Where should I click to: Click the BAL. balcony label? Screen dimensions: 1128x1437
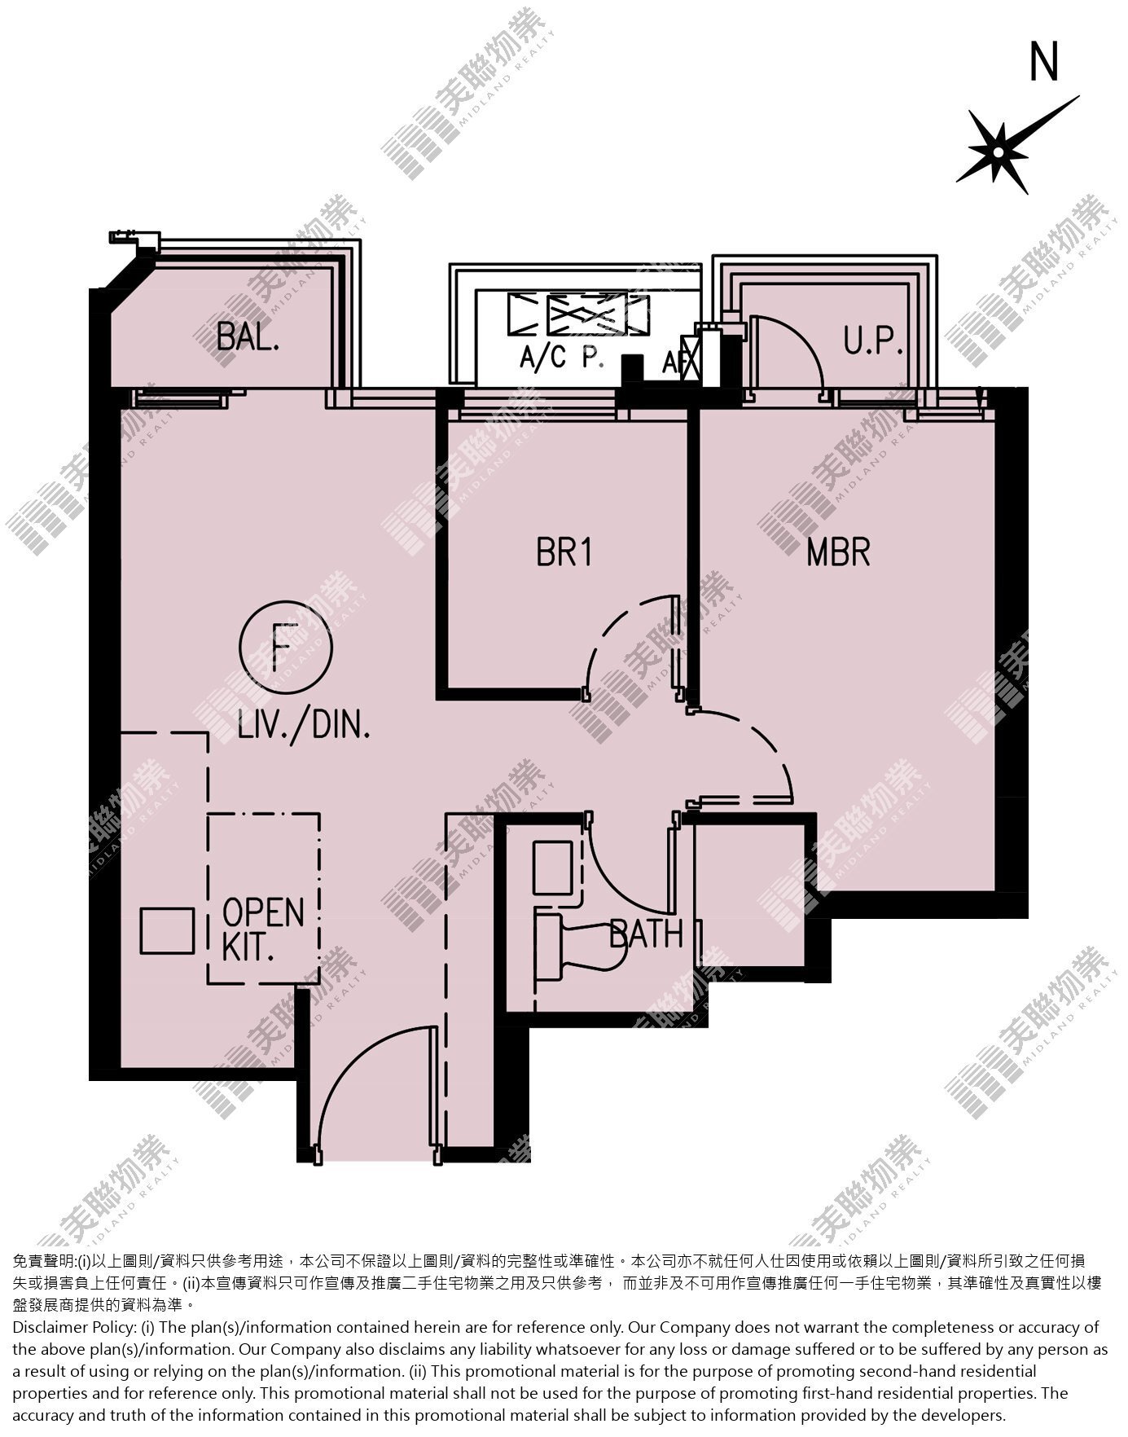pyautogui.click(x=248, y=336)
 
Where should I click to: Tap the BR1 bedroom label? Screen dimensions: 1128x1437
pyautogui.click(x=564, y=552)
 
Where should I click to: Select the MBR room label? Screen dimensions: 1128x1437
pyautogui.click(x=839, y=552)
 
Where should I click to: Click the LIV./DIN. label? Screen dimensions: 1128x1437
pyautogui.click(x=305, y=724)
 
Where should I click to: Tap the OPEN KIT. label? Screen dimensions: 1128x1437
pyautogui.click(x=263, y=929)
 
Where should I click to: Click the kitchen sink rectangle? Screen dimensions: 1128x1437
pyautogui.click(x=167, y=931)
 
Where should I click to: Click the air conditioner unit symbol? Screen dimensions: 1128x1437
pyautogui.click(x=578, y=314)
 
